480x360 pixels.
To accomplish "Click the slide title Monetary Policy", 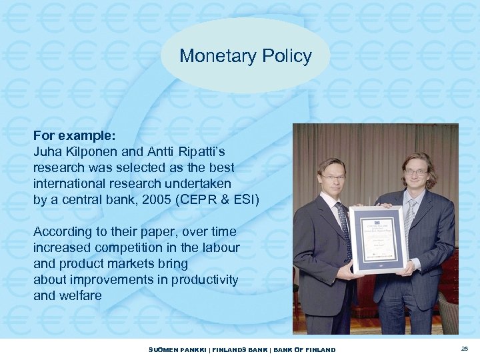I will [x=245, y=56].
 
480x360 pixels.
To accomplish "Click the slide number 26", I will [x=464, y=349].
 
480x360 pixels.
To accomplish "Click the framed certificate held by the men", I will [x=378, y=239].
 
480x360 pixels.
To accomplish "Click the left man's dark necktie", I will [x=344, y=227].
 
